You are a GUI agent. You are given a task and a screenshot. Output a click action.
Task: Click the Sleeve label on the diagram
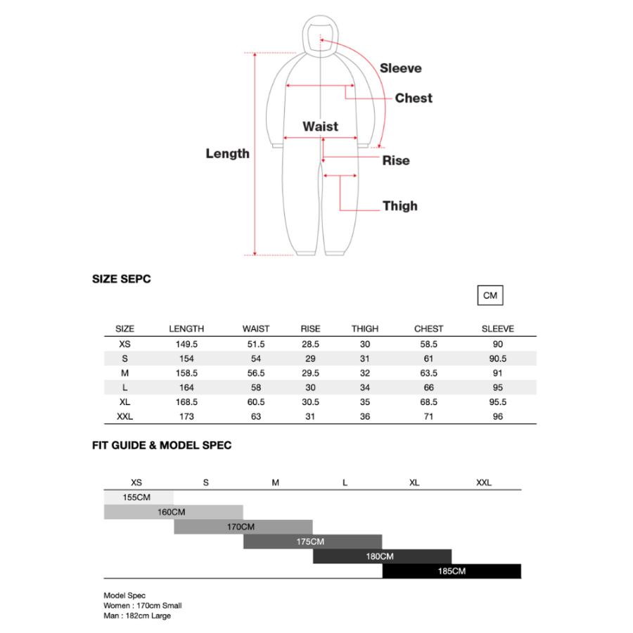pyautogui.click(x=401, y=68)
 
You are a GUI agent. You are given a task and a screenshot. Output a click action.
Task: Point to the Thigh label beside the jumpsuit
pyautogui.click(x=400, y=206)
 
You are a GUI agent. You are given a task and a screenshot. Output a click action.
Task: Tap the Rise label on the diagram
pyautogui.click(x=396, y=160)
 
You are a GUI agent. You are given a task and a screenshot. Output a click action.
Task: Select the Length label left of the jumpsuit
pyautogui.click(x=227, y=153)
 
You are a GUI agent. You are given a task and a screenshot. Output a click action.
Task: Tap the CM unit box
pyautogui.click(x=490, y=296)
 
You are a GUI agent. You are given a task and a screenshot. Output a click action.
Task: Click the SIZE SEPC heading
pyautogui.click(x=122, y=279)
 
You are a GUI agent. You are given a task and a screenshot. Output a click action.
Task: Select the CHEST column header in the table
pyautogui.click(x=429, y=328)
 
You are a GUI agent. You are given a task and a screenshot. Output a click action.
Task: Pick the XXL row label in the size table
pyautogui.click(x=124, y=416)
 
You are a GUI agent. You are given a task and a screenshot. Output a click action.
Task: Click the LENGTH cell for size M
pyautogui.click(x=186, y=373)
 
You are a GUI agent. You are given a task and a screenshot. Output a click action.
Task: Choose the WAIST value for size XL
pyautogui.click(x=256, y=402)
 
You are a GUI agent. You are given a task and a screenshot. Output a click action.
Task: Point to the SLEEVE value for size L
pyautogui.click(x=498, y=388)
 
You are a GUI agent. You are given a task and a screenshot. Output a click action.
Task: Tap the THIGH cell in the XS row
pyautogui.click(x=365, y=345)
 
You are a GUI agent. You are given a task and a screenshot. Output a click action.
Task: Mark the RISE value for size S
pyautogui.click(x=310, y=359)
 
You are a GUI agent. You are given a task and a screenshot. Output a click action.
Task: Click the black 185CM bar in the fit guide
pyautogui.click(x=452, y=571)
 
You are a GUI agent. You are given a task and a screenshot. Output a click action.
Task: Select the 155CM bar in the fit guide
pyautogui.click(x=138, y=497)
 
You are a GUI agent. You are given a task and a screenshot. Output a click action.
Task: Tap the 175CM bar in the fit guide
pyautogui.click(x=312, y=542)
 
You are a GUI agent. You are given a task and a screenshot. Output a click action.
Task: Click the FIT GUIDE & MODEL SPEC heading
pyautogui.click(x=162, y=445)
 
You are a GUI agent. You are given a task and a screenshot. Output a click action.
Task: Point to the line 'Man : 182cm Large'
pyautogui.click(x=137, y=615)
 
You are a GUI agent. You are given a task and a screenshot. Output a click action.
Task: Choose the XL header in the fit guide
pyautogui.click(x=414, y=482)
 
